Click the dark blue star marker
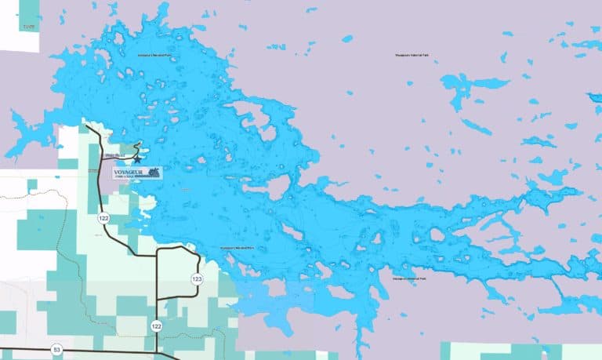coord(137,159)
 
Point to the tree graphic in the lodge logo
coord(154,171)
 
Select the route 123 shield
coord(197,279)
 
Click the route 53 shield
coord(56,348)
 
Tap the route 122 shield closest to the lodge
coord(103,218)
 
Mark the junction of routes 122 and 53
coord(157,350)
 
